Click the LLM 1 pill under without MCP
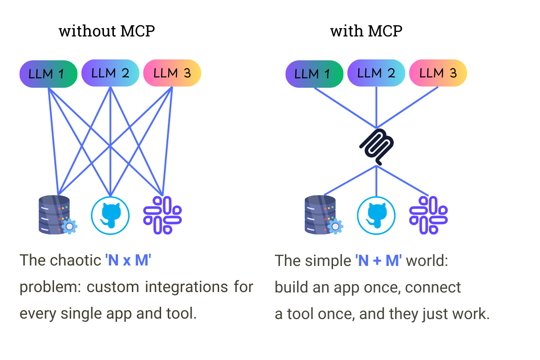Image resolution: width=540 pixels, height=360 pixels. pos(49,74)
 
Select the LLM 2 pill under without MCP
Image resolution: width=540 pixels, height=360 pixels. pos(110,73)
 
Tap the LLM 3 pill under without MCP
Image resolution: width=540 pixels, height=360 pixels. pos(172,73)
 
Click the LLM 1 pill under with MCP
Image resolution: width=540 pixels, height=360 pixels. pos(315,74)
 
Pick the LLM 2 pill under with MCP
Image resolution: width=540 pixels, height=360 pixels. pos(376,73)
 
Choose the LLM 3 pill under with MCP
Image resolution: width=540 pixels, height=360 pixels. pos(438,73)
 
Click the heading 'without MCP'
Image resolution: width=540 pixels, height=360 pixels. pos(107,31)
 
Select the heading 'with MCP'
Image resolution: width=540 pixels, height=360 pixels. pos(366,31)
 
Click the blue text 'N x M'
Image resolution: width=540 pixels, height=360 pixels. pos(128,261)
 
